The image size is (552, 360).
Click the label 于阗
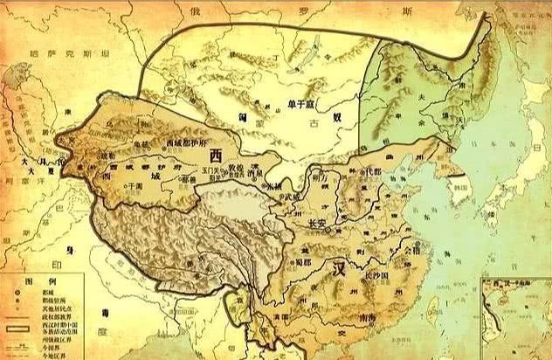pos(133,186)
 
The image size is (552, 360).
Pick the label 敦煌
pos(236,165)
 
